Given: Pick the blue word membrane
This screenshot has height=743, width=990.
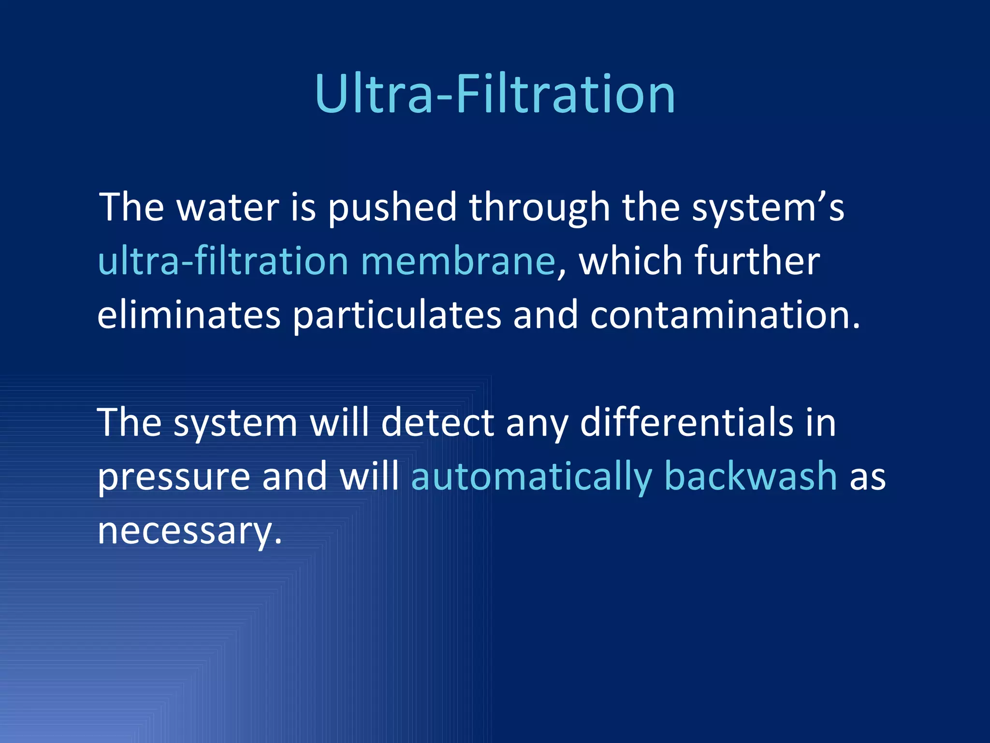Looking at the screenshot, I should (458, 261).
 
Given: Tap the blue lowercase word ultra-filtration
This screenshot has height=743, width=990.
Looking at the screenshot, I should (223, 261).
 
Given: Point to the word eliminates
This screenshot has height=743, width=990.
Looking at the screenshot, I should (189, 315).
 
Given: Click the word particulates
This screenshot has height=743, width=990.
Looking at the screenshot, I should (397, 315).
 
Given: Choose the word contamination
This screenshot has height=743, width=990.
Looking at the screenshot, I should (725, 315).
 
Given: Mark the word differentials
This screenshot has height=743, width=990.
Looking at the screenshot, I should (686, 423).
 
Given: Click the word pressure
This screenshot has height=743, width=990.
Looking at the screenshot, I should (174, 477).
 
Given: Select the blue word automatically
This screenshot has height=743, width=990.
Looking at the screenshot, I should (531, 477).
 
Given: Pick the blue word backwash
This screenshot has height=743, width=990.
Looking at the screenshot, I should (750, 477).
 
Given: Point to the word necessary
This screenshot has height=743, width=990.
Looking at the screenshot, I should (189, 531).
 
